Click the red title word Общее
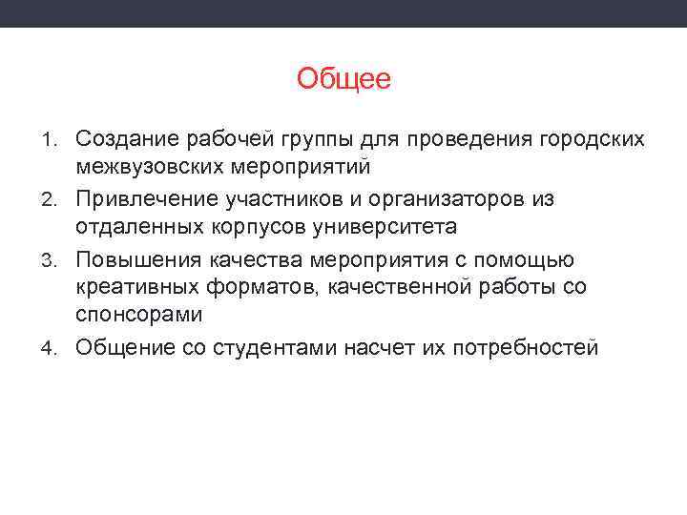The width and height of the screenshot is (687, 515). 343,79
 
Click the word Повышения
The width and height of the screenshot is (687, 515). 132,259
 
